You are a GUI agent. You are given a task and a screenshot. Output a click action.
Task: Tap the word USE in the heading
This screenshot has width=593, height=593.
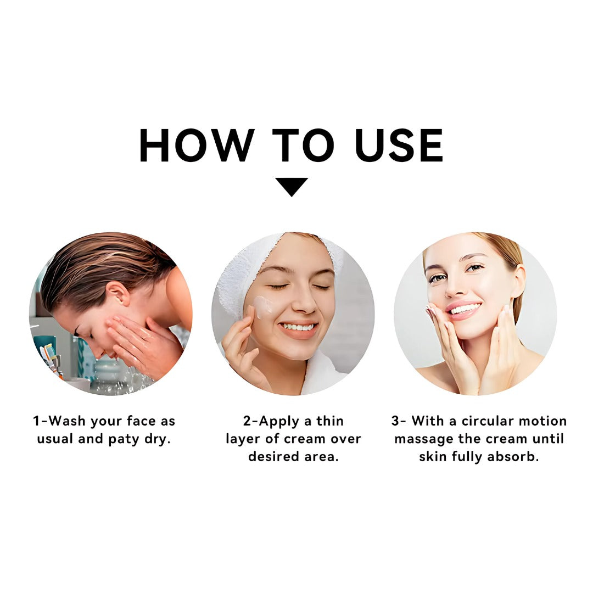[x=399, y=145]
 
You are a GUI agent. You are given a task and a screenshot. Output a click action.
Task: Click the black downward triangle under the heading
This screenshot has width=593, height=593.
[x=291, y=187]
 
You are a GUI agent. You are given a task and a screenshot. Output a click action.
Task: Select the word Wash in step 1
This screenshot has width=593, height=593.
[x=68, y=421]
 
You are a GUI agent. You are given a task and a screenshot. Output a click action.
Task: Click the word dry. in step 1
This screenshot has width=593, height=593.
[x=158, y=439]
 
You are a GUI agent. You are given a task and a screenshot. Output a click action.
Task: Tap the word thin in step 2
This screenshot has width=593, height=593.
[x=330, y=421]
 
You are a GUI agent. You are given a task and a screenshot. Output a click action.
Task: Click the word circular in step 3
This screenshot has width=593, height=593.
[x=486, y=421]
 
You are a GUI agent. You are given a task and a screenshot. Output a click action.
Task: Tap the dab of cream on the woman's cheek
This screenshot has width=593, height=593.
[x=263, y=306]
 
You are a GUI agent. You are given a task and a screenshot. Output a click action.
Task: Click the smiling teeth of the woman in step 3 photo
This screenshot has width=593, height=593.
[x=463, y=309]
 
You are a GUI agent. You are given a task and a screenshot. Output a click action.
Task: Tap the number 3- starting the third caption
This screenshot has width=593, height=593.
[x=399, y=421]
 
